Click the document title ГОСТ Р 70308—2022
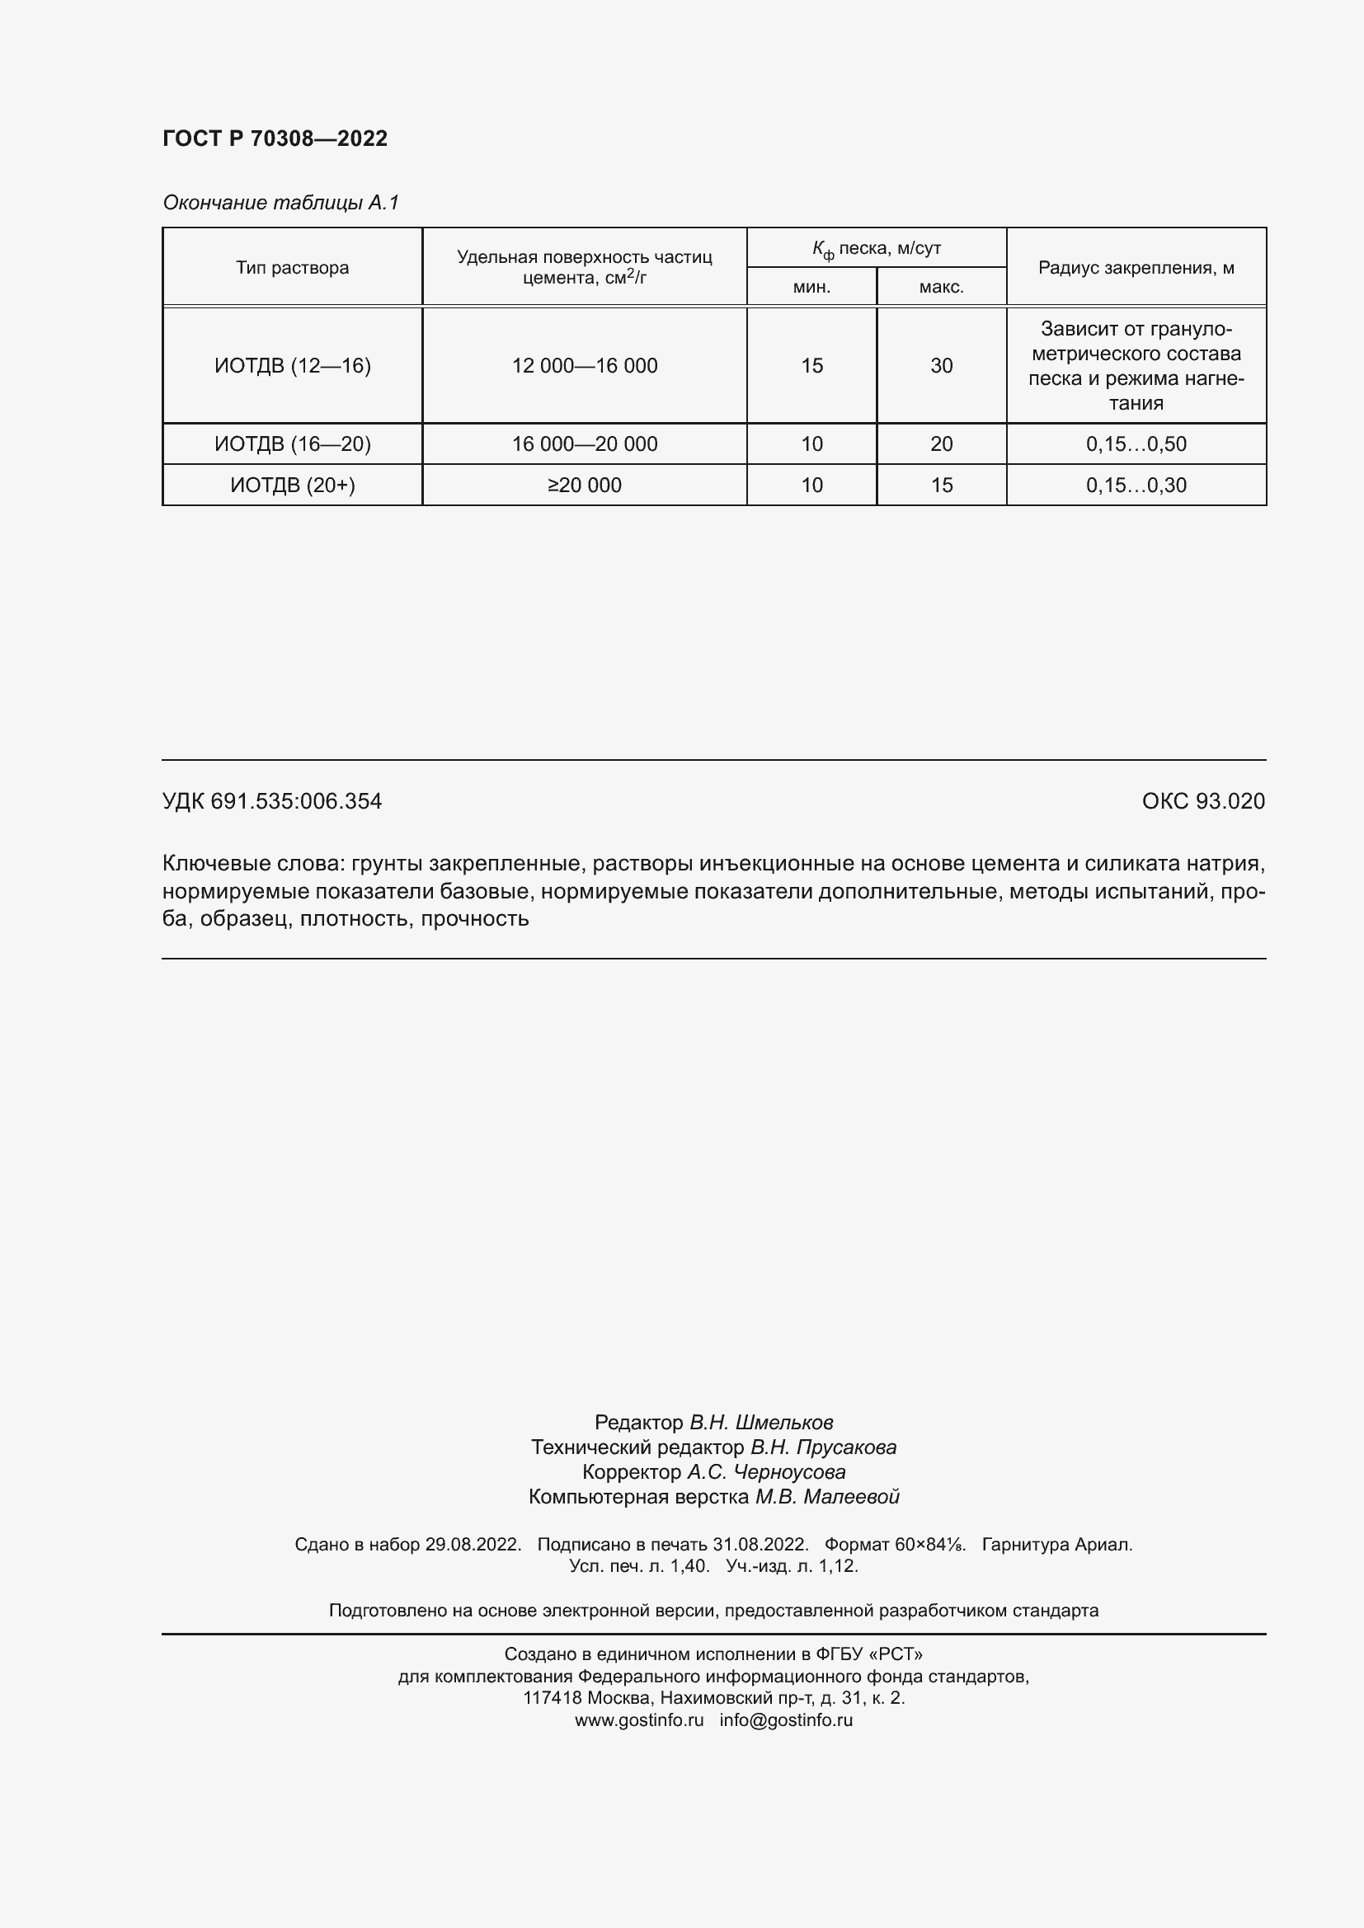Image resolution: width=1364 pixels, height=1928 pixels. [x=275, y=138]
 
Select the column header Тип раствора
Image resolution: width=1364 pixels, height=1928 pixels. [x=292, y=268]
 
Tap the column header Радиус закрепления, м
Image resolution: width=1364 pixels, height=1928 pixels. [x=1136, y=268]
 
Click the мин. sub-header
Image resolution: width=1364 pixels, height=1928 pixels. [x=811, y=287]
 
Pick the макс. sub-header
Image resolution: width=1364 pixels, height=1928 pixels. [x=941, y=287]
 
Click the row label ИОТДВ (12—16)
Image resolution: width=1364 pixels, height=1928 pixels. [x=292, y=365]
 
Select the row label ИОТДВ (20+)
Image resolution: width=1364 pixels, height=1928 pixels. [x=292, y=485]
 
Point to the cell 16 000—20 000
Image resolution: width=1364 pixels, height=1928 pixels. [x=585, y=443]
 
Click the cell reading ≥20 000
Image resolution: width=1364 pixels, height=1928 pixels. [x=585, y=485]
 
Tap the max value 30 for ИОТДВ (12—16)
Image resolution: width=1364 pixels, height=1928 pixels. [x=942, y=365]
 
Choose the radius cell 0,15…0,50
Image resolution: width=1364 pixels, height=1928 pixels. [x=1136, y=443]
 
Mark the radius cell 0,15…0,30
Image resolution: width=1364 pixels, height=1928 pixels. [x=1136, y=485]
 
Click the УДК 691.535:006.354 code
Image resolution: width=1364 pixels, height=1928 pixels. [x=272, y=801]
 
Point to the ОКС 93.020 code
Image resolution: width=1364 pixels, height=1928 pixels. [x=1202, y=801]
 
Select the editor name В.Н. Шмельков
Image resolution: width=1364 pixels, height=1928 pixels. [x=761, y=1422]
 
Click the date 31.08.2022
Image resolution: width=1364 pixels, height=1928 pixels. [x=760, y=1543]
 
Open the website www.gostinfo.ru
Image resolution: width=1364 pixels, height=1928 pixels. [x=639, y=1719]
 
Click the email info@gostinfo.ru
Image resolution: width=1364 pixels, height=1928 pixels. [x=786, y=1719]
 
